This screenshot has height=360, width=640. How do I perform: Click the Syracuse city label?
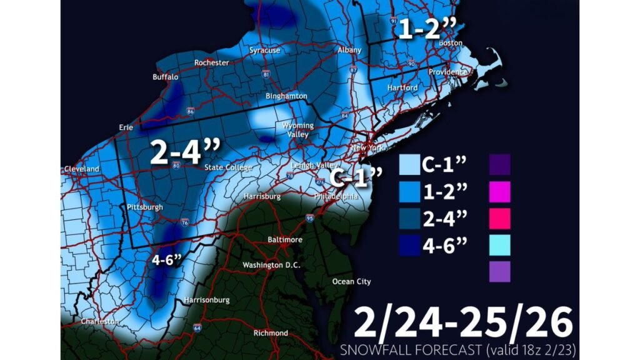(264, 50)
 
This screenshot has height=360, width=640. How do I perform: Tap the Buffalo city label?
(166, 77)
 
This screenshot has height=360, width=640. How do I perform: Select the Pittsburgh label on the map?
(144, 207)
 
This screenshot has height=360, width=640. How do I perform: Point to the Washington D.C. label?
(272, 265)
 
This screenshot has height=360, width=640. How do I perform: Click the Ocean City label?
(351, 281)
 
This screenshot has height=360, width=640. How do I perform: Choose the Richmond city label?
(271, 333)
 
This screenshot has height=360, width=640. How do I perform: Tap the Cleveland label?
(81, 169)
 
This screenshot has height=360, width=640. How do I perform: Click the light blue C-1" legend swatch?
(409, 165)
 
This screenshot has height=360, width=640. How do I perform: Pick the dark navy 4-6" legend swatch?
(409, 244)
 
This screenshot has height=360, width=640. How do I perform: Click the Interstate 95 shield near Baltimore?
(310, 218)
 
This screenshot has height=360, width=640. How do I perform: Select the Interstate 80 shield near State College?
(177, 166)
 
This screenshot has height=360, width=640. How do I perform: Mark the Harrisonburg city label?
(206, 300)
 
